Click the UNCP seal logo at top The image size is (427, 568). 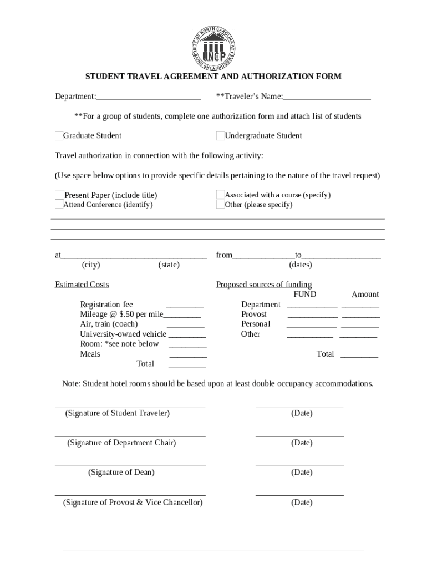(x=213, y=47)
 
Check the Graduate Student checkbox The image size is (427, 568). (x=59, y=136)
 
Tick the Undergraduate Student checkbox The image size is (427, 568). (x=220, y=136)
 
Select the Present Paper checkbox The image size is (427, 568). (x=59, y=195)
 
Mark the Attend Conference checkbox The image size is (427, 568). (x=59, y=204)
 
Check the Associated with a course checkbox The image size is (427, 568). (x=220, y=195)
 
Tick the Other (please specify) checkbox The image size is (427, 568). (x=220, y=204)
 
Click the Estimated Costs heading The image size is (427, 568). (x=82, y=285)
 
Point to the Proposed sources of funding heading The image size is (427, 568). (x=264, y=285)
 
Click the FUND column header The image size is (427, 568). (x=304, y=295)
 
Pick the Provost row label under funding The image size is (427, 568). (x=253, y=315)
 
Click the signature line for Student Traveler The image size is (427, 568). (x=130, y=406)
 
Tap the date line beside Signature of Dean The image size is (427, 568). (x=299, y=465)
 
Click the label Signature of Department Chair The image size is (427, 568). (x=121, y=443)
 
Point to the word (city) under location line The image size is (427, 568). (x=91, y=265)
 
